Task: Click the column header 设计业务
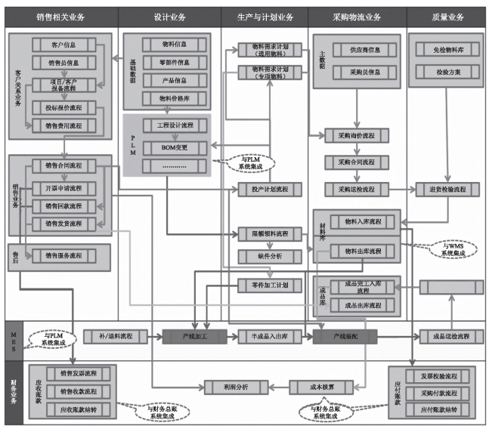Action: coord(169,15)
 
